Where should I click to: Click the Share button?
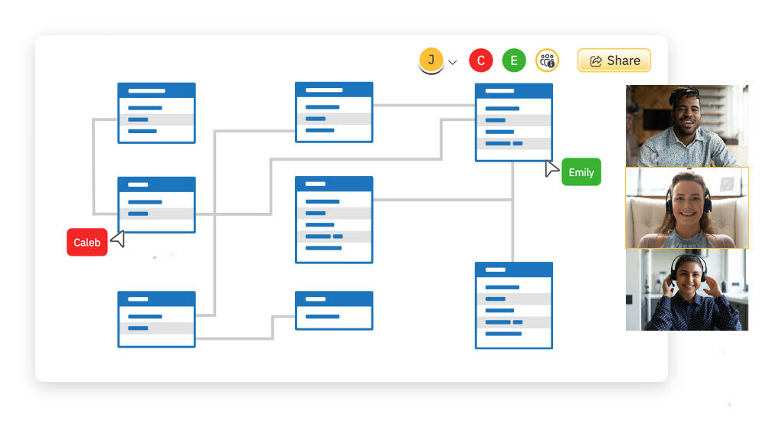pyautogui.click(x=614, y=60)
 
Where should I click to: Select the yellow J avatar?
pyautogui.click(x=431, y=60)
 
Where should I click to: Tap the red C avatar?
pyautogui.click(x=480, y=60)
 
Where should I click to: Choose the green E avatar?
pyautogui.click(x=514, y=60)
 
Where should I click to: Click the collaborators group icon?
pyautogui.click(x=547, y=60)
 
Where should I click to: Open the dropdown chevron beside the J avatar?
pyautogui.click(x=452, y=62)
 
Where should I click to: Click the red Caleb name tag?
pyautogui.click(x=87, y=243)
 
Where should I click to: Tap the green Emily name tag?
pyautogui.click(x=581, y=172)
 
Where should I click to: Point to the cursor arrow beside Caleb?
pyautogui.click(x=118, y=239)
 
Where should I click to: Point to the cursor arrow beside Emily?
pyautogui.click(x=552, y=168)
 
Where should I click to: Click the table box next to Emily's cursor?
pyautogui.click(x=513, y=122)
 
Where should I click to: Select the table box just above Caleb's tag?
pyautogui.click(x=156, y=204)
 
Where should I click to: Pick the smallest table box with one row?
pyautogui.click(x=334, y=310)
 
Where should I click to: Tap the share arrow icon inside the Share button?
pyautogui.click(x=594, y=61)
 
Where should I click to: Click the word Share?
pyautogui.click(x=623, y=60)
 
